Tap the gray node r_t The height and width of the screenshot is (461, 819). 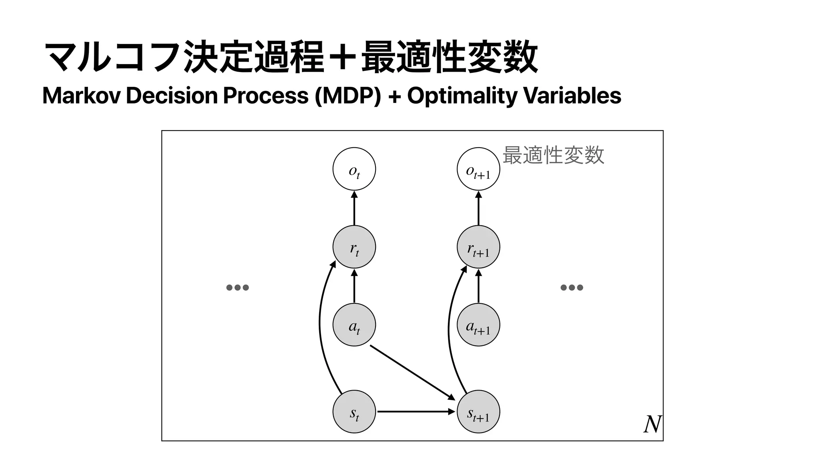[x=354, y=247]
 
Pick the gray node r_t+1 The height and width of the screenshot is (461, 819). [x=478, y=247]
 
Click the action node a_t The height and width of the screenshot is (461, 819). [x=354, y=325]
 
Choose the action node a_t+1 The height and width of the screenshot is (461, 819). [x=478, y=325]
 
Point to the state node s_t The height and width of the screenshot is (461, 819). [x=354, y=411]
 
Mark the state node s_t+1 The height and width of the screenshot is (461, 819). [x=478, y=411]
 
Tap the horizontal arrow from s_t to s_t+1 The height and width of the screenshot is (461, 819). [x=416, y=411]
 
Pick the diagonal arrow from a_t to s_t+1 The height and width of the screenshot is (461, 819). [x=412, y=372]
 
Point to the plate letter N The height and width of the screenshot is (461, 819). [x=652, y=425]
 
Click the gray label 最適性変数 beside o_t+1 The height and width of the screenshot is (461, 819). [x=553, y=155]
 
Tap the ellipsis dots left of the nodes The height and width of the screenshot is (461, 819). [x=238, y=287]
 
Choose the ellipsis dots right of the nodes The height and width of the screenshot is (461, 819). [x=571, y=287]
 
